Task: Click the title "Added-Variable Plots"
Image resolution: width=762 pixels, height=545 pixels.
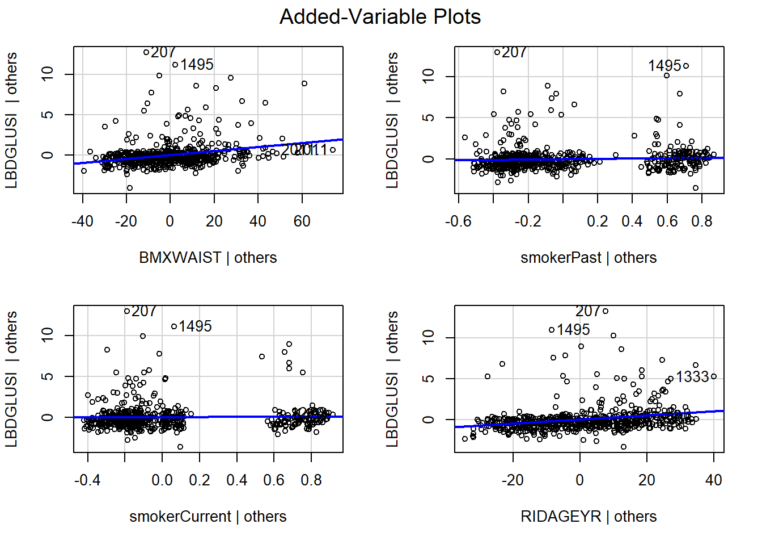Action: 380,17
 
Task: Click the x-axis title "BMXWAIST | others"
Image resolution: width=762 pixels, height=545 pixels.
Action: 208,258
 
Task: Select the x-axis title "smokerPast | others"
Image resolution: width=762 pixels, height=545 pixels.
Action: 589,258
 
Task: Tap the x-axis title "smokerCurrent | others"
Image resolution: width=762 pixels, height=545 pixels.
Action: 208,517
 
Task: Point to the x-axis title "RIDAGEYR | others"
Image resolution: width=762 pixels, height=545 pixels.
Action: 589,517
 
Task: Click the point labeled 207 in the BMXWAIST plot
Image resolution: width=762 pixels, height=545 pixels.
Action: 146,52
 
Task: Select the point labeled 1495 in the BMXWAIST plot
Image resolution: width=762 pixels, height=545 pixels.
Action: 175,65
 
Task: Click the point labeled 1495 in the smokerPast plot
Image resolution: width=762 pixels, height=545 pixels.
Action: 686,66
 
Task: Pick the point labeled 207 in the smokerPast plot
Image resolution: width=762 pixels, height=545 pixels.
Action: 497,52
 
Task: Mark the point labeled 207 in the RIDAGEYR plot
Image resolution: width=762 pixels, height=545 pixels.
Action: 606,311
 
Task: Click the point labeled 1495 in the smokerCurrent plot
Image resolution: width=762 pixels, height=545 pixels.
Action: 174,326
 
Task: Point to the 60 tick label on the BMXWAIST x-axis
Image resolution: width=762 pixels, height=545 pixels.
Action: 302,221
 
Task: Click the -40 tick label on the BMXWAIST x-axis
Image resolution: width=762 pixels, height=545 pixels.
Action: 82,221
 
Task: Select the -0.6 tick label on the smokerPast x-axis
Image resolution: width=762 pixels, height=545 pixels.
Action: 458,221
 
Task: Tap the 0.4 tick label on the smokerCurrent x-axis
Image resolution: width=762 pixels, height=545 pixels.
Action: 236,480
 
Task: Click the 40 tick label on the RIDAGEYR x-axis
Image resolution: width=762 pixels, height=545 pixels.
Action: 713,480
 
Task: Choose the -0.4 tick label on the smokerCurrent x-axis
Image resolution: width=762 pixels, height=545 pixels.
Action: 87,480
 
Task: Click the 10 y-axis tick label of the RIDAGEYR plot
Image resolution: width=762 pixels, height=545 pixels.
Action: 428,337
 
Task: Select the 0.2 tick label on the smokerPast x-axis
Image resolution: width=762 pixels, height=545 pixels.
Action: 598,221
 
